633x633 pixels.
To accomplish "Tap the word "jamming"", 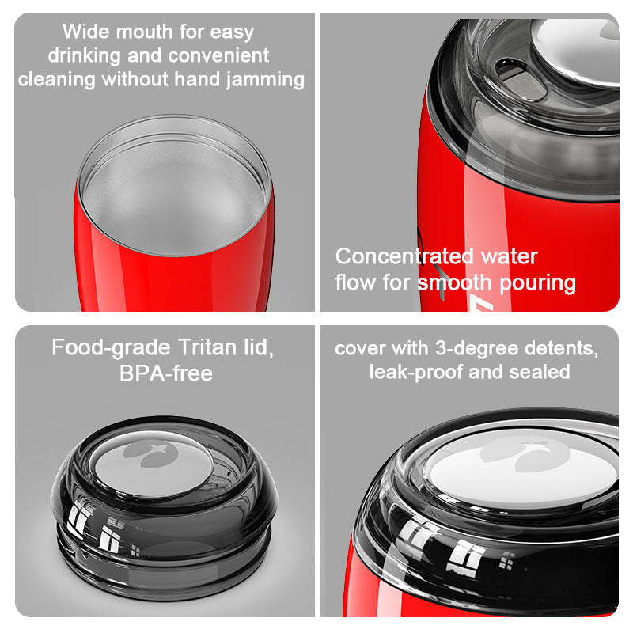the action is click(x=265, y=80).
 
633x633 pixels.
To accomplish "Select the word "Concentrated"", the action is click(x=404, y=256).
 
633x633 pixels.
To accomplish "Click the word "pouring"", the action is click(x=537, y=283).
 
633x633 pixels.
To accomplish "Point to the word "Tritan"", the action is click(x=207, y=347).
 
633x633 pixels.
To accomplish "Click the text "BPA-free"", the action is click(x=166, y=373).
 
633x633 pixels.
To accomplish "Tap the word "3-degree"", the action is click(x=476, y=348).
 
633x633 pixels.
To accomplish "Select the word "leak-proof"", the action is click(x=416, y=372).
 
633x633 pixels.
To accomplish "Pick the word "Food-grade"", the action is click(x=111, y=348).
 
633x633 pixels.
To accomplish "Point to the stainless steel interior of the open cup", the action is click(x=173, y=191).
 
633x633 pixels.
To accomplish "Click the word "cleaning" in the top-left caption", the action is click(x=56, y=80).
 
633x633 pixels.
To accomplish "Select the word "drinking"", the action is click(x=84, y=55).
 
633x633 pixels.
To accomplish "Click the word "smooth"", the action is click(x=453, y=282).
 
